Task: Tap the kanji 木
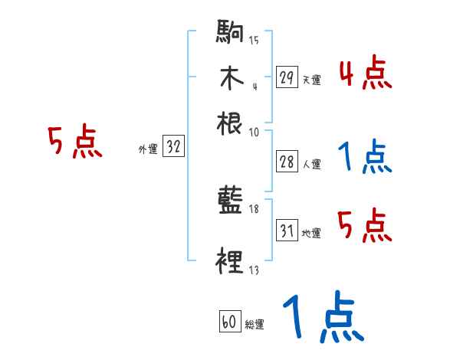tap(230, 78)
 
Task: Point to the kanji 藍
tap(230, 201)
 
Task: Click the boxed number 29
tap(287, 77)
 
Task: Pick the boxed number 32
tap(173, 148)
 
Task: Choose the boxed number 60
tap(229, 322)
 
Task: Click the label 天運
tap(311, 80)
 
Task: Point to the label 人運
tap(311, 164)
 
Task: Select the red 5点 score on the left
tap(75, 142)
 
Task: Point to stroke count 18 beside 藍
tap(255, 209)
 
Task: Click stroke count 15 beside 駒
tap(254, 41)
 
